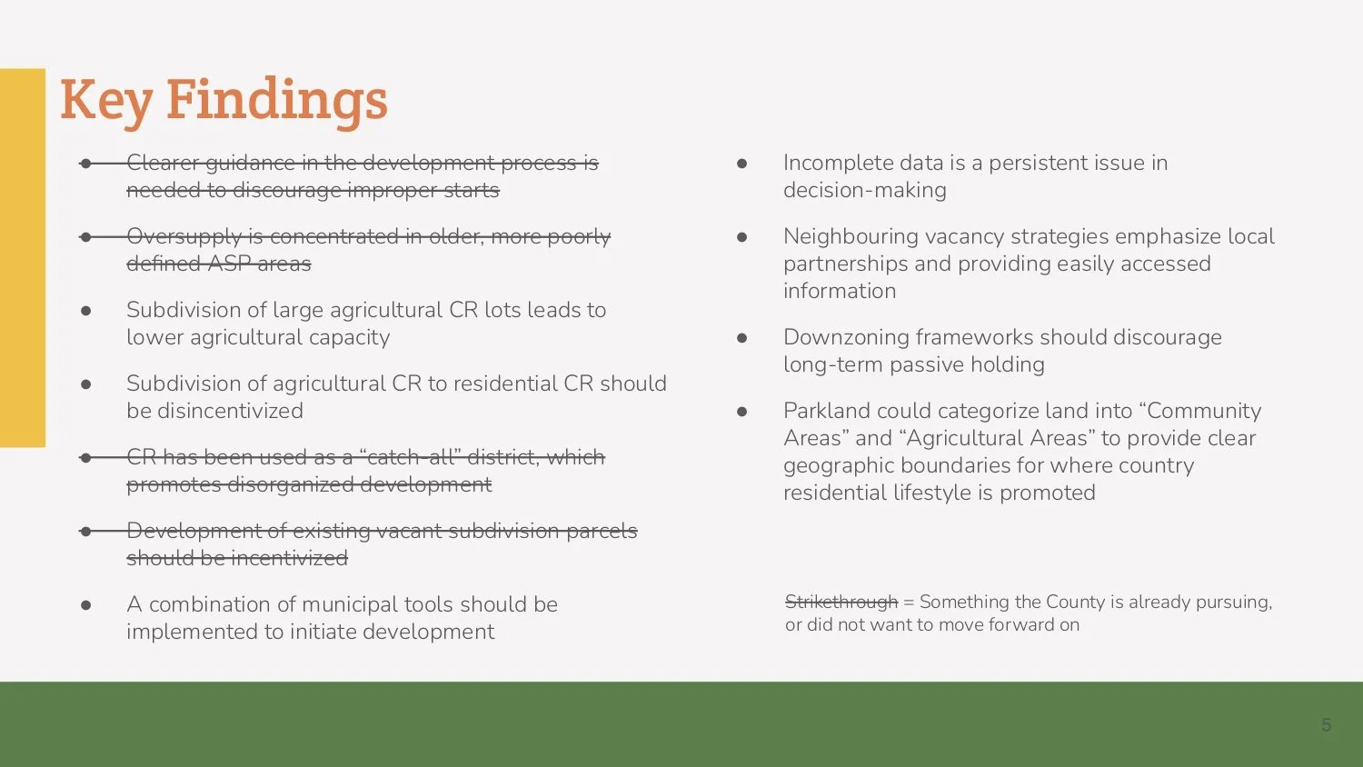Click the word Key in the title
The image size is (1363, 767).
point(105,100)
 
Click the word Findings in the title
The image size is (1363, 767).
point(276,100)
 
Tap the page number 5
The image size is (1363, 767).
point(1326,725)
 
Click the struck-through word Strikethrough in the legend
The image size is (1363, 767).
point(841,602)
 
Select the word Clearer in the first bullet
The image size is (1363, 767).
point(163,163)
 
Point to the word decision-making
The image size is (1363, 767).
point(864,190)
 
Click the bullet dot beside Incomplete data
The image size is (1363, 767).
point(741,164)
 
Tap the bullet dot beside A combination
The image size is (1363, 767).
point(85,605)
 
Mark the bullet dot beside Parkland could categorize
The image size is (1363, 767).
point(741,412)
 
